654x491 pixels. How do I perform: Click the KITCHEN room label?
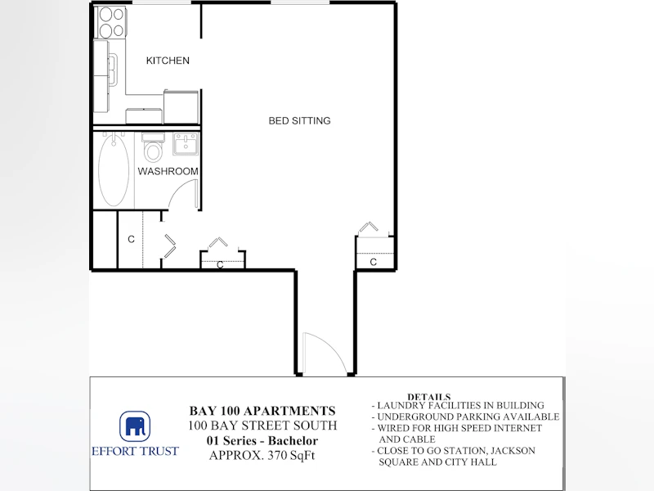168,61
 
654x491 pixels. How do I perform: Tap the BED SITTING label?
299,120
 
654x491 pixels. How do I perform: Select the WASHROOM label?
168,171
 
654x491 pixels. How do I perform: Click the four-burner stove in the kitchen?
111,22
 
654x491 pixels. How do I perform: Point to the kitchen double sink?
113,70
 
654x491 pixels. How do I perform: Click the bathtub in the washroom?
114,170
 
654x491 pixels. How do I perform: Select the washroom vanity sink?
186,144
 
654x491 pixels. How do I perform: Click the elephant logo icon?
135,426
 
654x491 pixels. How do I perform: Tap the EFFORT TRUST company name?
135,452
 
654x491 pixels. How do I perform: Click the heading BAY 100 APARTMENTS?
262,411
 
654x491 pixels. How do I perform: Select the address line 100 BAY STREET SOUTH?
262,426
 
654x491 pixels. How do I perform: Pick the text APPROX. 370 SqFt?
262,455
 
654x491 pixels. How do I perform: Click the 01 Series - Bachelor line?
262,440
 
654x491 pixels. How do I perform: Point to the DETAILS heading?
429,397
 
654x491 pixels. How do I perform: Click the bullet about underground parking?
465,417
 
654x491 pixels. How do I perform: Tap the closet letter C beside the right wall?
374,262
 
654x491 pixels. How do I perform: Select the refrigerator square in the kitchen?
181,106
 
